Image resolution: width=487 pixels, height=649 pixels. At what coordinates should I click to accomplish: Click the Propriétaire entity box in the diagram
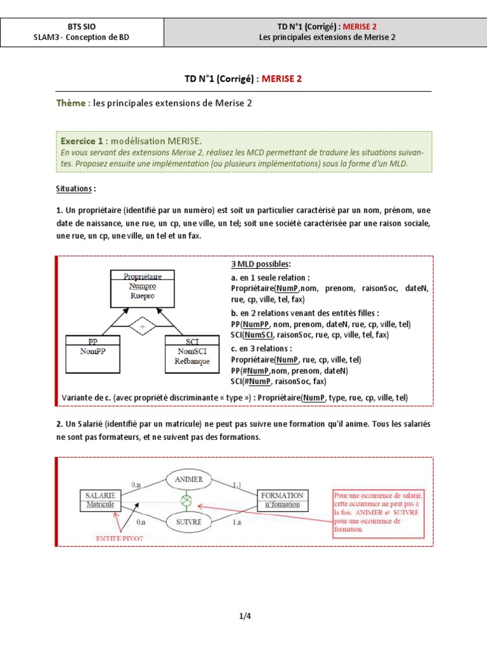pos(143,286)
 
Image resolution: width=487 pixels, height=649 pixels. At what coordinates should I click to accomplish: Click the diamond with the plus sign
pos(142,327)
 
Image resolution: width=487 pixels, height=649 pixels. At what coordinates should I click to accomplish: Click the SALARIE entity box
pos(98,500)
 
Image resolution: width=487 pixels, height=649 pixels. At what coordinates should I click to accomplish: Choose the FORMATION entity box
pos(283,499)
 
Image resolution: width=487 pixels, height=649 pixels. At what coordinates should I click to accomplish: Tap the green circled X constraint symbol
pos(186,501)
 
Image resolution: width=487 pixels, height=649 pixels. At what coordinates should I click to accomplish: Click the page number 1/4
pos(243,615)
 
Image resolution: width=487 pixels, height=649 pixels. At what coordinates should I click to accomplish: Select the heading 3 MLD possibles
pos(261,264)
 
